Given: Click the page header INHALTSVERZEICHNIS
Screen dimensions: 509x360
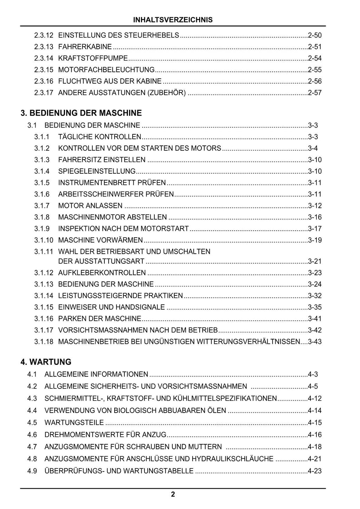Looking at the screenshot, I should pyautogui.click(x=173, y=20).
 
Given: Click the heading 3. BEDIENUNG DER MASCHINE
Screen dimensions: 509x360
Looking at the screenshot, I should pyautogui.click(x=81, y=113).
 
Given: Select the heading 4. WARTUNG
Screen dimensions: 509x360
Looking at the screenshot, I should pyautogui.click(x=46, y=362).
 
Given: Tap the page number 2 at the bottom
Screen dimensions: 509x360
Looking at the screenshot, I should pyautogui.click(x=173, y=495).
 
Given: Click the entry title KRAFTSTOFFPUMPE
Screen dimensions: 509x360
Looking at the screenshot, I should pyautogui.click(x=93, y=58).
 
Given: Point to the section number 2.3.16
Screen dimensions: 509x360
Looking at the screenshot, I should pyautogui.click(x=44, y=81).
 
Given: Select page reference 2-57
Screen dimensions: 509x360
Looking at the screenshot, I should pyautogui.click(x=315, y=93).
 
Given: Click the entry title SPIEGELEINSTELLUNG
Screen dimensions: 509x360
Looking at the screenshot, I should pyautogui.click(x=97, y=171).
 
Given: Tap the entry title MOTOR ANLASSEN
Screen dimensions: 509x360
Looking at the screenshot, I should pyautogui.click(x=90, y=206).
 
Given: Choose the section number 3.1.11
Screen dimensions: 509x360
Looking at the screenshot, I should pyautogui.click(x=44, y=252).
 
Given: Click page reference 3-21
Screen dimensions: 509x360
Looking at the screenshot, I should pyautogui.click(x=315, y=261).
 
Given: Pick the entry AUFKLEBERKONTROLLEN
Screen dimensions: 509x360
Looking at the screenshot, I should pyautogui.click(x=102, y=273).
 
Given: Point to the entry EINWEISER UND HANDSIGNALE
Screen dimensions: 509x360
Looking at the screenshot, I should pyautogui.click(x=111, y=307).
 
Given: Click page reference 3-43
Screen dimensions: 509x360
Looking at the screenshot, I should pyautogui.click(x=315, y=342).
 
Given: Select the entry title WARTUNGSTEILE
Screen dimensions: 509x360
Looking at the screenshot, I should pyautogui.click(x=74, y=423).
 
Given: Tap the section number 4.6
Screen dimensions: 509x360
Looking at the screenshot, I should pyautogui.click(x=32, y=435).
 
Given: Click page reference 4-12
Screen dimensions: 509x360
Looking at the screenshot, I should pyautogui.click(x=315, y=399).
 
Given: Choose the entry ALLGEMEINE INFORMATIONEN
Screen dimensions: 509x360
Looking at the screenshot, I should pyautogui.click(x=96, y=374).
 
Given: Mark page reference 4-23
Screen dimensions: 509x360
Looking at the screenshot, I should pyautogui.click(x=315, y=471).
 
